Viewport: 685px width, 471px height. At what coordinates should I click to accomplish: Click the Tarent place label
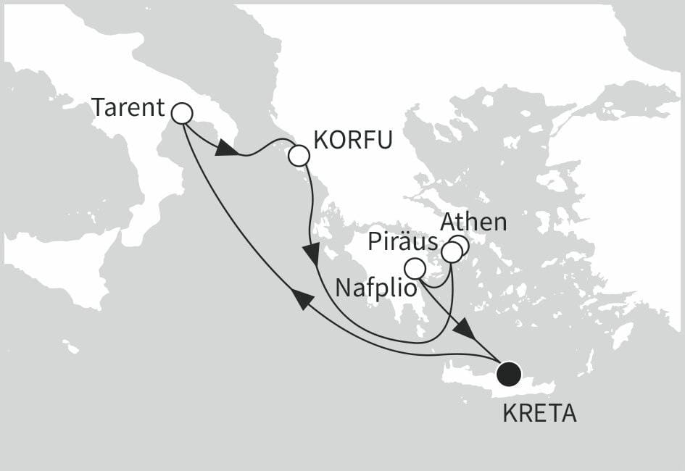pos(128,109)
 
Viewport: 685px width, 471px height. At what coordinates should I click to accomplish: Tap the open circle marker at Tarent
pos(181,113)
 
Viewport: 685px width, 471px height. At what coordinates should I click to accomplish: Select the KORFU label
pos(354,140)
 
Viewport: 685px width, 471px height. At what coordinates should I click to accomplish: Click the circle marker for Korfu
pos(299,156)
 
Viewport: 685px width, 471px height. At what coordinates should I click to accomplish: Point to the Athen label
pos(473,222)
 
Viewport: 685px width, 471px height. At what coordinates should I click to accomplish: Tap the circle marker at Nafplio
pos(414,269)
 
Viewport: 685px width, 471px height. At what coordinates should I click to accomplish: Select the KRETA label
pos(539,414)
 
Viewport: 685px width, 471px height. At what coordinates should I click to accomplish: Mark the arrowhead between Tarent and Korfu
pos(228,149)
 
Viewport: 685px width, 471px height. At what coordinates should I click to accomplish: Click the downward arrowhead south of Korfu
pos(312,254)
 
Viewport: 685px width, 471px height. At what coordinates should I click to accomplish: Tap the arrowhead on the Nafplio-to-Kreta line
pos(465,330)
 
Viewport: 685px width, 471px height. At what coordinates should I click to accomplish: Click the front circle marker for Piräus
pos(451,252)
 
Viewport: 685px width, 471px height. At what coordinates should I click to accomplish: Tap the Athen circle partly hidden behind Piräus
pos(461,244)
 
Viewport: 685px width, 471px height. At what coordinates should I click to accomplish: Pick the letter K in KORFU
pos(320,140)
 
